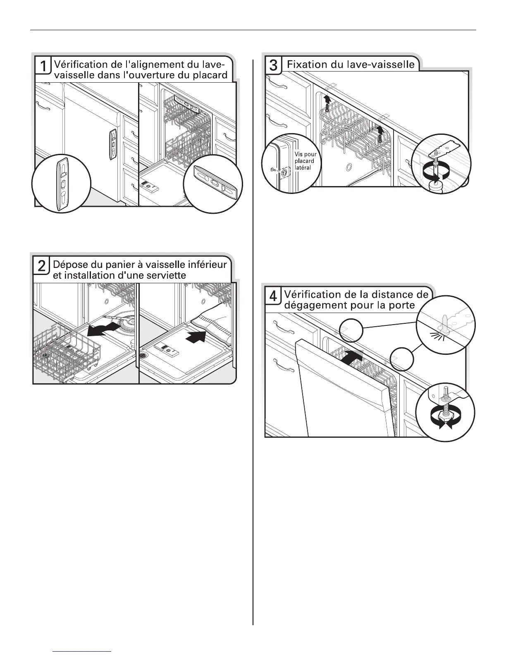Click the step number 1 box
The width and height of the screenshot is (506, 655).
[43, 66]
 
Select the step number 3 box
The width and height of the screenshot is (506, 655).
[273, 65]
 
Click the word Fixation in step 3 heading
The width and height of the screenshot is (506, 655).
[306, 65]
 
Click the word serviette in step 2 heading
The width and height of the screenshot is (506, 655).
[162, 275]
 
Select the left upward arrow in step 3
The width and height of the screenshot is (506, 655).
[327, 99]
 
